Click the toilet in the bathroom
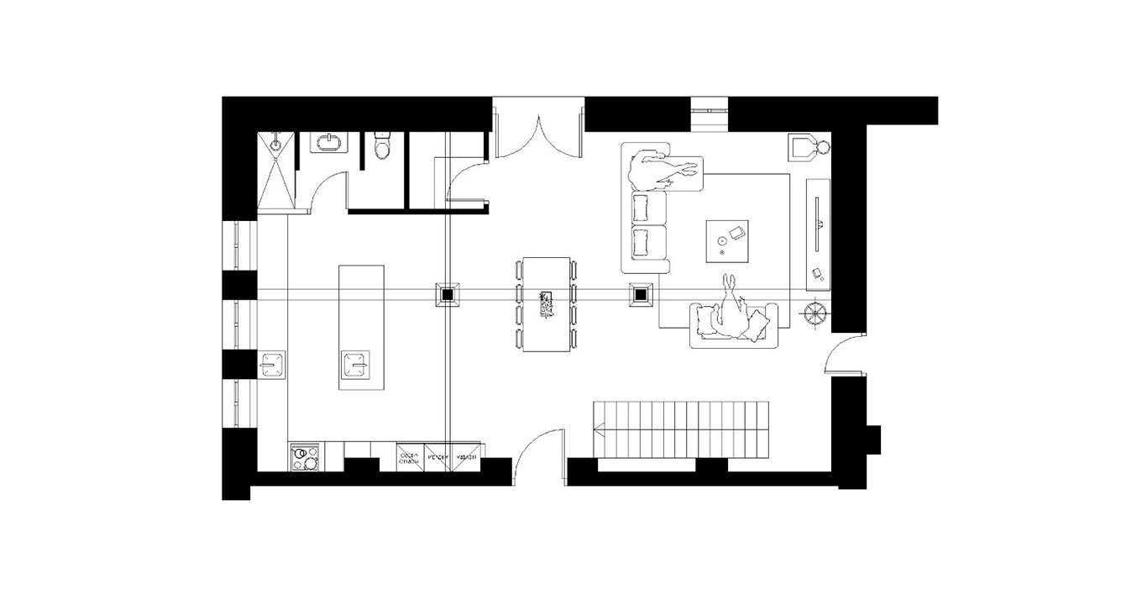coord(382,146)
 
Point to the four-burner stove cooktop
coord(304,457)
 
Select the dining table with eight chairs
coord(546,304)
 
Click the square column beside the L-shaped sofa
coord(642,295)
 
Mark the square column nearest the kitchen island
coord(447,295)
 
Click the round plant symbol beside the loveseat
coord(815,314)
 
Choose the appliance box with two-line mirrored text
coord(410,458)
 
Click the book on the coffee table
coord(738,233)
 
